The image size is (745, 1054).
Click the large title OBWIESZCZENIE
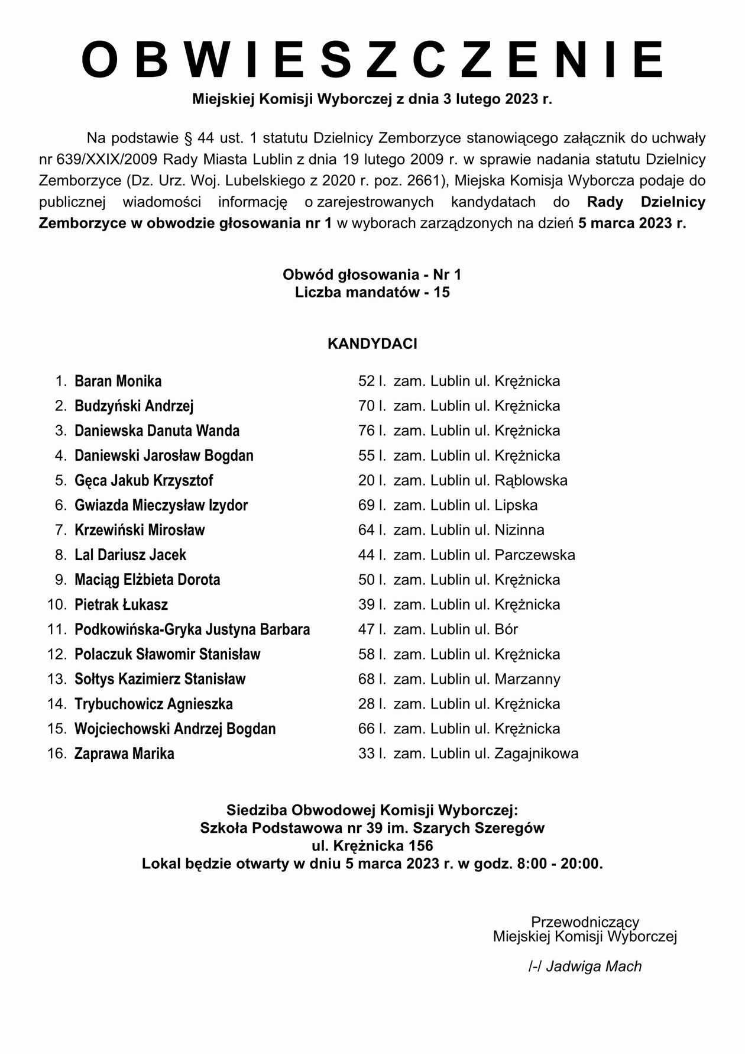pyautogui.click(x=372, y=60)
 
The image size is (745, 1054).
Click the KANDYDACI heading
pyautogui.click(x=372, y=344)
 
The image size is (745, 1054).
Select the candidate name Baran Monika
pyautogui.click(x=118, y=381)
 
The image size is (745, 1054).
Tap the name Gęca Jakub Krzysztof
pyautogui.click(x=144, y=480)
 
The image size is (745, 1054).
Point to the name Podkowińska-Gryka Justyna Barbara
pyautogui.click(x=192, y=629)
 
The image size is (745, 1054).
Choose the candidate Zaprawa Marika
pyautogui.click(x=124, y=754)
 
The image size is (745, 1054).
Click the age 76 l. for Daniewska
pyautogui.click(x=372, y=431)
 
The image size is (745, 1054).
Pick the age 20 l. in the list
pyautogui.click(x=372, y=480)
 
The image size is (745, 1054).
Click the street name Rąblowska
pyautogui.click(x=531, y=480)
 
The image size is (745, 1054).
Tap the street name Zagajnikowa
pyautogui.click(x=536, y=754)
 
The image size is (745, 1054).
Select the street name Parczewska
pyautogui.click(x=535, y=555)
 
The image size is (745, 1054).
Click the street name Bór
pyautogui.click(x=506, y=629)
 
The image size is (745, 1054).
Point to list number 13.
pyautogui.click(x=57, y=679)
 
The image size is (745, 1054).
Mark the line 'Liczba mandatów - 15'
pyautogui.click(x=372, y=292)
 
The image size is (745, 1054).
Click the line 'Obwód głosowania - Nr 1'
pyautogui.click(x=372, y=274)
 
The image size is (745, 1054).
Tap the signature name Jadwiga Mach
pyautogui.click(x=594, y=966)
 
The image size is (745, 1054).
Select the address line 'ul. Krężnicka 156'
pyautogui.click(x=372, y=845)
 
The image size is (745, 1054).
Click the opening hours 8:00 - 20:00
pyautogui.click(x=559, y=864)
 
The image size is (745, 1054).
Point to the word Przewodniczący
pyautogui.click(x=585, y=922)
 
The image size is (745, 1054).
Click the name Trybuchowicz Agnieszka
pyautogui.click(x=154, y=704)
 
